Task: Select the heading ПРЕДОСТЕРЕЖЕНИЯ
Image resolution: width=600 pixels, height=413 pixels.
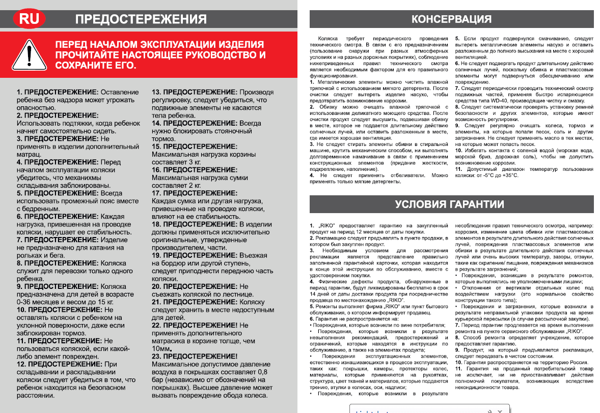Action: coord(141,19)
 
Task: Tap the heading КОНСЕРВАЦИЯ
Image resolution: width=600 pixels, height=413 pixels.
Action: coord(451,19)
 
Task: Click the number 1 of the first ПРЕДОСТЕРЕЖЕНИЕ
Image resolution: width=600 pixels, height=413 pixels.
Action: coord(19,92)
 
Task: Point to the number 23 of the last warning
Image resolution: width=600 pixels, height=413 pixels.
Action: coord(157,357)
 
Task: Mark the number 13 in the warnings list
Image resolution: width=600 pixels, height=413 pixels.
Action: coord(157,92)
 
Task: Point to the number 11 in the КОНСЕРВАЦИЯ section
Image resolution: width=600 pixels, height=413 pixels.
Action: coord(458,169)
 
